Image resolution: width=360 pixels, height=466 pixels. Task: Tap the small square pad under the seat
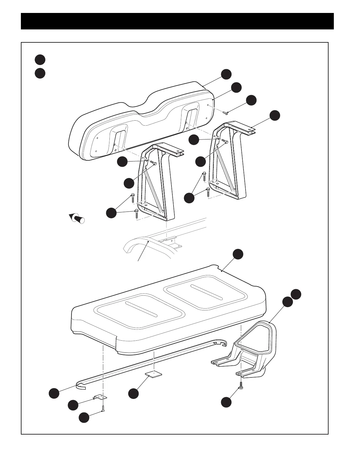click(x=154, y=374)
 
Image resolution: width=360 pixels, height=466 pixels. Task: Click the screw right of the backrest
click(x=226, y=113)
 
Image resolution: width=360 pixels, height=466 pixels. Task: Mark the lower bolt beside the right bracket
click(x=208, y=192)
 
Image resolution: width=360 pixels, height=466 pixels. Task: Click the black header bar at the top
click(x=177, y=21)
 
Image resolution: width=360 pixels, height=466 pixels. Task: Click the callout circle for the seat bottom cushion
click(x=238, y=254)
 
